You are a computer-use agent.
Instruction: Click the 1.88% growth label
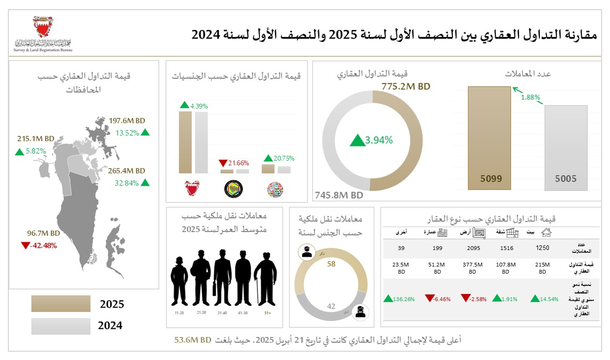coord(530,97)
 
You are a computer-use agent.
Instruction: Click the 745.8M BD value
coord(339,195)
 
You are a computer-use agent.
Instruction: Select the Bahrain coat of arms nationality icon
coord(192,189)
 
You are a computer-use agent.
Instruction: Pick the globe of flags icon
coord(275,189)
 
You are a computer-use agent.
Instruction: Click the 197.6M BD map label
coord(127,120)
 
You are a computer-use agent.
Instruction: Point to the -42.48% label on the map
coord(43,245)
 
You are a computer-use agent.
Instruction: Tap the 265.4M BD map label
coord(127,170)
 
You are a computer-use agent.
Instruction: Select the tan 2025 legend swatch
coord(61,304)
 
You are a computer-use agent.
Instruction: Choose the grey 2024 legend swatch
coord(61,326)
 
